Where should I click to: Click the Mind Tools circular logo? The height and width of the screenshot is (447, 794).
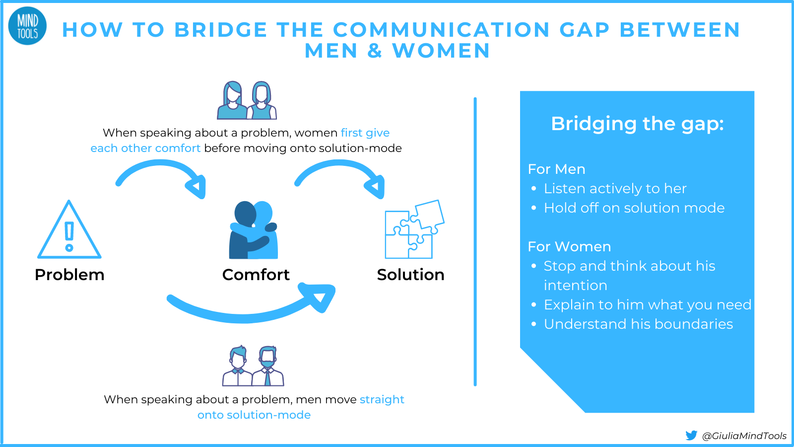(x=27, y=26)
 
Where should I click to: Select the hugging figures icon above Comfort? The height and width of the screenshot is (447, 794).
(x=254, y=230)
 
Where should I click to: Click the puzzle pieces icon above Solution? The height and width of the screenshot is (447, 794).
(x=414, y=229)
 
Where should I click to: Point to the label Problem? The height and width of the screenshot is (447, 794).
(x=69, y=275)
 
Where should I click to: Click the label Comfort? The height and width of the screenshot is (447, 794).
(x=256, y=275)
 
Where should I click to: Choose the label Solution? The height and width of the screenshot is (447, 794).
(x=410, y=275)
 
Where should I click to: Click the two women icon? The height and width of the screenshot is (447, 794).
(x=247, y=100)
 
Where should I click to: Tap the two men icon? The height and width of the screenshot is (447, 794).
(x=253, y=366)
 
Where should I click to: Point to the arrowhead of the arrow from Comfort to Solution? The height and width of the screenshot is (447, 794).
(x=376, y=187)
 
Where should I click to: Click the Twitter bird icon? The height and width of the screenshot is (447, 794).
(x=691, y=436)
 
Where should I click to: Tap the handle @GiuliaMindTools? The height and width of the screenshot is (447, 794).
(x=744, y=436)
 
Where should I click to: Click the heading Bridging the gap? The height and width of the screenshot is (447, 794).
(x=637, y=124)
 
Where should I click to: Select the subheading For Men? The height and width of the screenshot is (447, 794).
(x=556, y=169)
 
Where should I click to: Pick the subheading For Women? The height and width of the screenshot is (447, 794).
(x=569, y=247)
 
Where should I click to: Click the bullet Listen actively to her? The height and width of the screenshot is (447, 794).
(x=615, y=189)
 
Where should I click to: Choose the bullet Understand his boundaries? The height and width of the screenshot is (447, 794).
(x=638, y=324)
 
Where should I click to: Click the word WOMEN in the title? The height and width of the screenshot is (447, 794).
(x=441, y=51)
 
